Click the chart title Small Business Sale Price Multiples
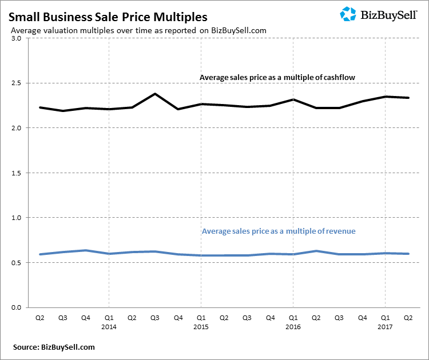108,17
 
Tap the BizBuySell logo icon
348,14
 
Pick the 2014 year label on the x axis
108,327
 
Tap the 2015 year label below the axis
201,327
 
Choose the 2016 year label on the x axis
293,327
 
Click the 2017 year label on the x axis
385,327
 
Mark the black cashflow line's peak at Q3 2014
154,94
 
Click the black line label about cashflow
278,77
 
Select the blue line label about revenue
279,231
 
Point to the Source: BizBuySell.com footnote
54,347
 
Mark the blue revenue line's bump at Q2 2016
316,251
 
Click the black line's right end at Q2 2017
408,98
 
